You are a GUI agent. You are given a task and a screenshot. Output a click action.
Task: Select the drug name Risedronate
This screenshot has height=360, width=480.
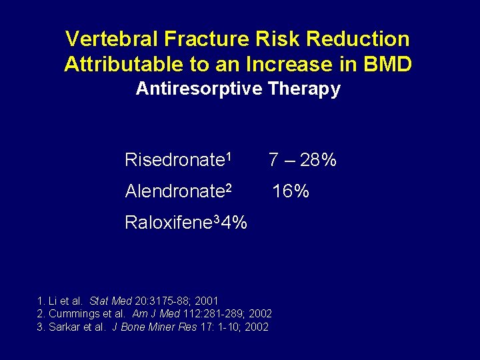[x=173, y=161]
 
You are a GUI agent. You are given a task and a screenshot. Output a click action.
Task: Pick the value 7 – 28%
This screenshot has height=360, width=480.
[x=302, y=161]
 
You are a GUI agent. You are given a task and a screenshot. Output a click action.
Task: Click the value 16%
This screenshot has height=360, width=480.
[x=290, y=192]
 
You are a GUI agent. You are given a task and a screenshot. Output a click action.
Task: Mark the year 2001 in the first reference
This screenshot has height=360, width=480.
[x=207, y=301]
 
